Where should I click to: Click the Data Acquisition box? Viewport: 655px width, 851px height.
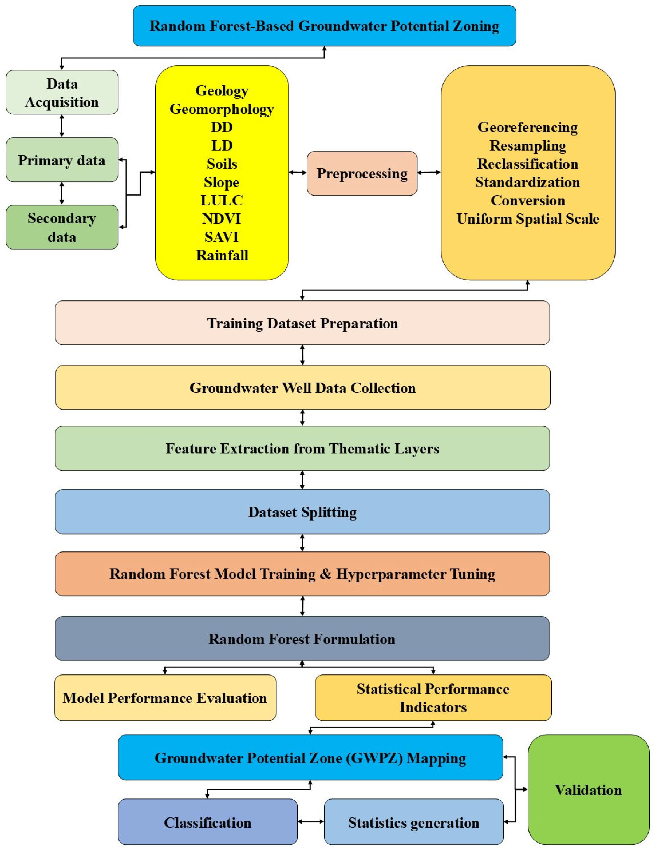(x=62, y=92)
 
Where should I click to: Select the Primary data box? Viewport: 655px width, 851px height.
(x=62, y=160)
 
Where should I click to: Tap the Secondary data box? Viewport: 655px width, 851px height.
(x=62, y=227)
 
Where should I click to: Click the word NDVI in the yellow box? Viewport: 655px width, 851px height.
(x=222, y=218)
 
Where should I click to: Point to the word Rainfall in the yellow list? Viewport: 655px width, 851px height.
(x=222, y=255)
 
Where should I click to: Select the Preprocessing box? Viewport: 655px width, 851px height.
(x=362, y=173)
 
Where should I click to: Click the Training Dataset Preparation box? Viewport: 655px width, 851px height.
(x=302, y=323)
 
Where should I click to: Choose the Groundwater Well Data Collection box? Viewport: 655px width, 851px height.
(x=302, y=387)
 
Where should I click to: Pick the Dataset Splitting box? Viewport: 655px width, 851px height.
(x=302, y=512)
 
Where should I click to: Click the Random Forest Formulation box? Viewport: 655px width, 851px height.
(x=302, y=639)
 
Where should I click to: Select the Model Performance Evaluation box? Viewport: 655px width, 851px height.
(x=165, y=697)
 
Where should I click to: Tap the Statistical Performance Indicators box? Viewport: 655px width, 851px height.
(x=433, y=697)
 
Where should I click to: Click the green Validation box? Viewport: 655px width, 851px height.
(x=588, y=790)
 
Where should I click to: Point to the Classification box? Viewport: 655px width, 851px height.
(x=208, y=822)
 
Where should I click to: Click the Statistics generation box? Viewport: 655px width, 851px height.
(x=413, y=822)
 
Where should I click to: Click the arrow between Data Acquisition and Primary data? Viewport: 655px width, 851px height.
(x=62, y=125)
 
